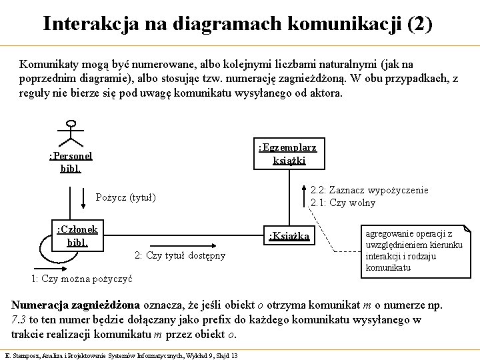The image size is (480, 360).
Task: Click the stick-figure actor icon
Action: pyautogui.click(x=71, y=133)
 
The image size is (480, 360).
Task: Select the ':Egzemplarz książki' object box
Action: pyautogui.click(x=288, y=153)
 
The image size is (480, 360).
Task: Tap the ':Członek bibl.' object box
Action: pyautogui.click(x=78, y=235)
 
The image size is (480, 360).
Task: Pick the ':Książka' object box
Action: pyautogui.click(x=288, y=235)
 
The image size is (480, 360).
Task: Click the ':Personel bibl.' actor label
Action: pyautogui.click(x=71, y=162)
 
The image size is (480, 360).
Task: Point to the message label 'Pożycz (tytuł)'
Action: pyautogui.click(x=126, y=197)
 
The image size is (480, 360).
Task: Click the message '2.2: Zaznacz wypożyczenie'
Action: pyautogui.click(x=369, y=191)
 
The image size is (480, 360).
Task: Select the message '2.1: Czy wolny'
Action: pyautogui.click(x=343, y=203)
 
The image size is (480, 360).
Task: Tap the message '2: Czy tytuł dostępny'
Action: pyautogui.click(x=180, y=255)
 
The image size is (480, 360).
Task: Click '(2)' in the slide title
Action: pyautogui.click(x=418, y=24)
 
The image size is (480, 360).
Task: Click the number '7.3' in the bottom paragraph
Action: pyautogui.click(x=19, y=320)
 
